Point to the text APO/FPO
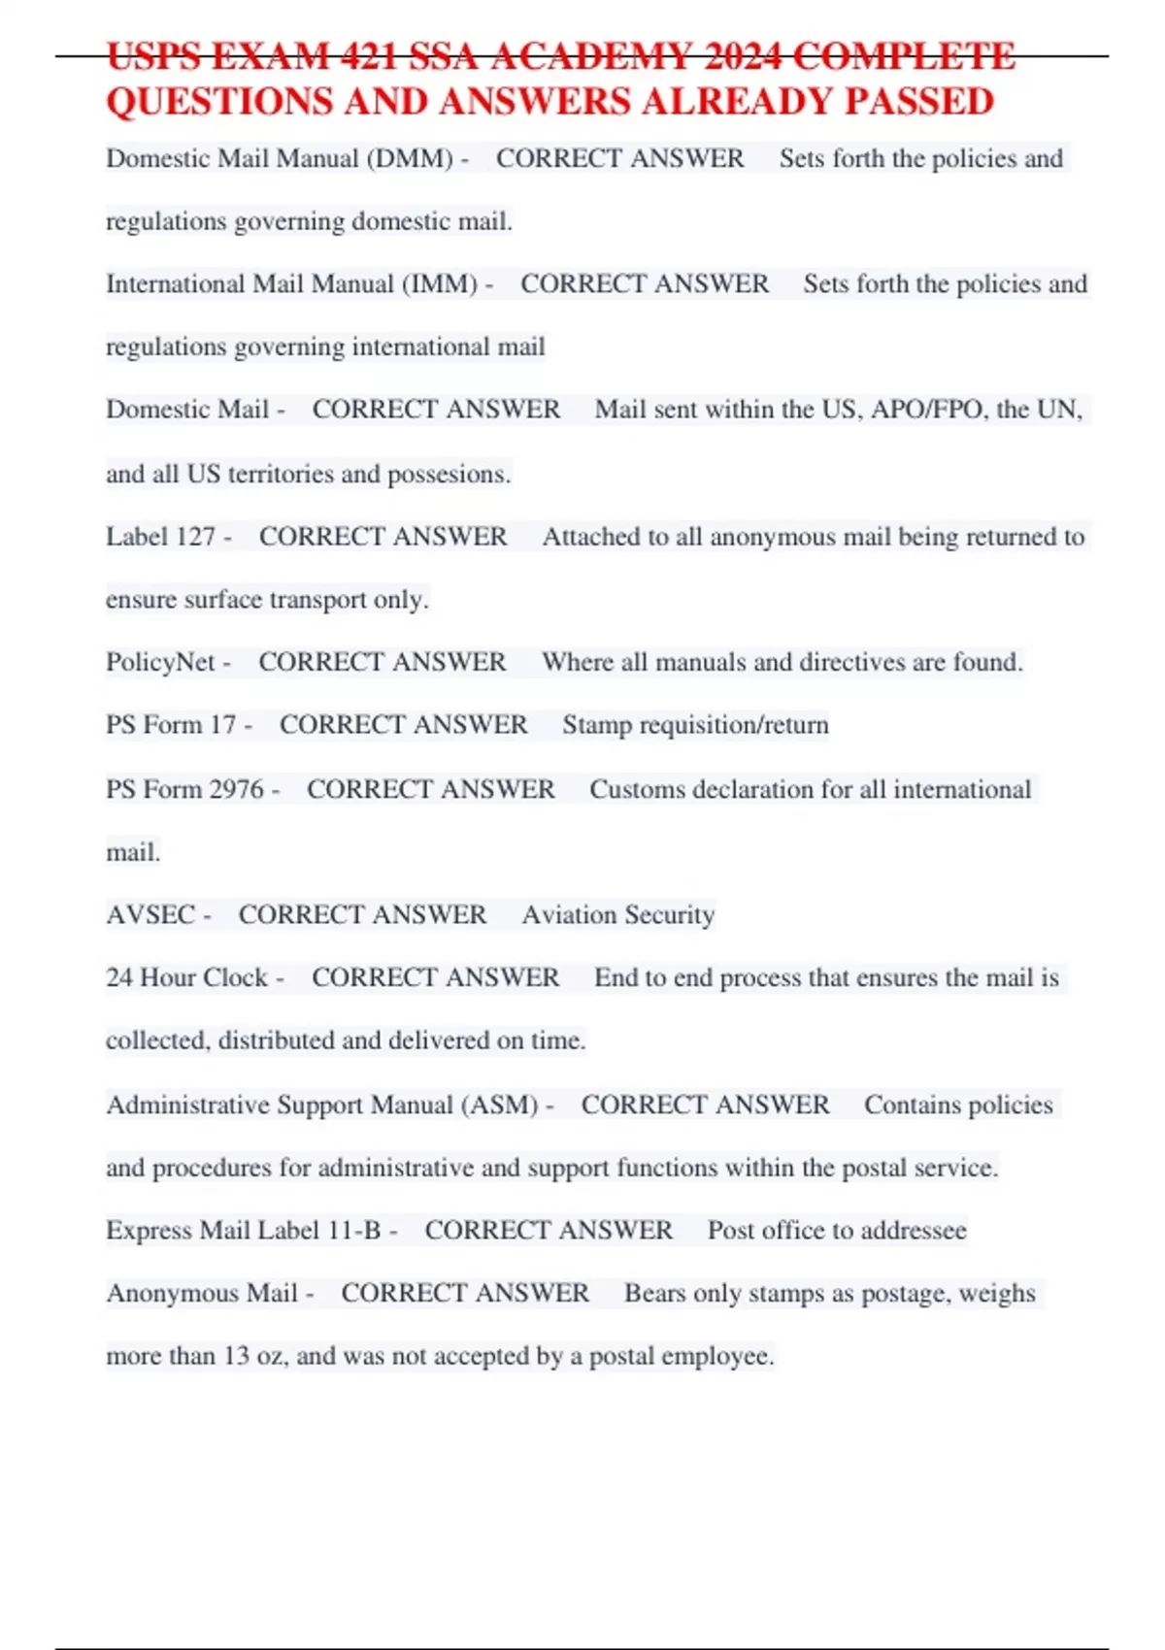pyautogui.click(x=929, y=409)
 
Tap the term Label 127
pyautogui.click(x=160, y=536)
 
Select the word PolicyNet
pyautogui.click(x=160, y=662)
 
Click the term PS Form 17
pyautogui.click(x=171, y=725)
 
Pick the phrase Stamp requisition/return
pyautogui.click(x=695, y=725)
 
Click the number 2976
pyautogui.click(x=236, y=789)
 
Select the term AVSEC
pyautogui.click(x=150, y=914)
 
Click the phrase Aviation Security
pyautogui.click(x=617, y=914)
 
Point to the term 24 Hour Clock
pyautogui.click(x=186, y=977)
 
